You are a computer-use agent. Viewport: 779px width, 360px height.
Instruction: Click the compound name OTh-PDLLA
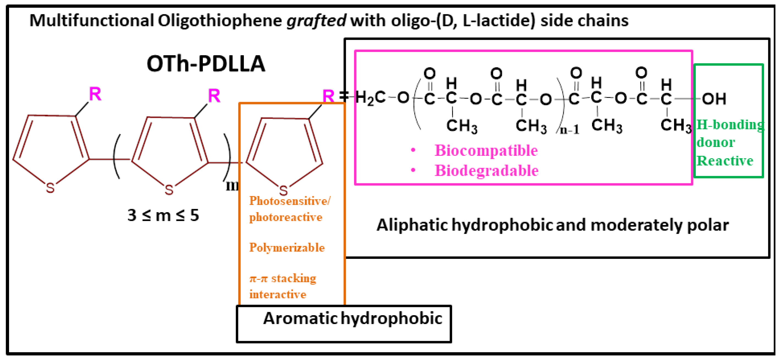[206, 64]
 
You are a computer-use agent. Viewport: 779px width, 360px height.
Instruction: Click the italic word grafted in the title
[316, 21]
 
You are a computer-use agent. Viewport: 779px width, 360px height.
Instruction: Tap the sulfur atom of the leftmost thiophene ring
[50, 188]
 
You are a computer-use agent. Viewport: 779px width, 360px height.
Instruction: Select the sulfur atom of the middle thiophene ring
[169, 190]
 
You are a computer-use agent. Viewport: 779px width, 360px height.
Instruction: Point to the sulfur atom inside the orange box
[283, 191]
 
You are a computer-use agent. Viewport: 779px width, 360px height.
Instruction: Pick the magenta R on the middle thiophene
[214, 96]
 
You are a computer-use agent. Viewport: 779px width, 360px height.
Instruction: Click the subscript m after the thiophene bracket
[232, 186]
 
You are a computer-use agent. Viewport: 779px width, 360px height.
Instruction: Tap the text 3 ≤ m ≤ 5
[163, 215]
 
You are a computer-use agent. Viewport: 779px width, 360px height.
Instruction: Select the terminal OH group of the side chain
[714, 99]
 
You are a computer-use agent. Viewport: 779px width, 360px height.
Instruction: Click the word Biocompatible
[486, 151]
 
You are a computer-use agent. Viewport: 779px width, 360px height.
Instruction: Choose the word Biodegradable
[486, 171]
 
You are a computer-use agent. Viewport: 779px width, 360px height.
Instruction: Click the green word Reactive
[725, 161]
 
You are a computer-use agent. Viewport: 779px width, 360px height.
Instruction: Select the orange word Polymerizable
[287, 248]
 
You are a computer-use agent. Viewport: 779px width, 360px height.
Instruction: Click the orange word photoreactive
[286, 217]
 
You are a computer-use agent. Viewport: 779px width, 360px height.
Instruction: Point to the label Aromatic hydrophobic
[353, 319]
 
